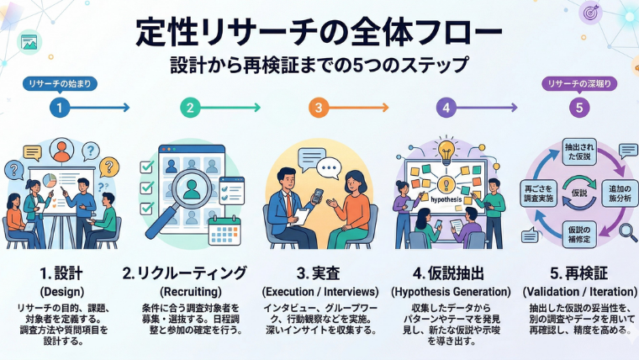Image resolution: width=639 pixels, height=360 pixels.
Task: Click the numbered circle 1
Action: (x=58, y=108)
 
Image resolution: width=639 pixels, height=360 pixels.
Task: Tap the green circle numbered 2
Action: (x=191, y=108)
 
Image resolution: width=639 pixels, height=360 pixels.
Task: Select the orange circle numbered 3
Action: (x=318, y=108)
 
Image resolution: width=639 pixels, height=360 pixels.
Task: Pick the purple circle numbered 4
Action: (x=446, y=108)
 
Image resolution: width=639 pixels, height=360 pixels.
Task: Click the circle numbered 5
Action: (x=576, y=108)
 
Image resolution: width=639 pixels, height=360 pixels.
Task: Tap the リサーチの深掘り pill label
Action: (x=576, y=84)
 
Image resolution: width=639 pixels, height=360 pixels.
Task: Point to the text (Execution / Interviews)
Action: (x=318, y=291)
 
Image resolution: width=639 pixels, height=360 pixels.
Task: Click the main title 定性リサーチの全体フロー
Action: (x=319, y=33)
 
